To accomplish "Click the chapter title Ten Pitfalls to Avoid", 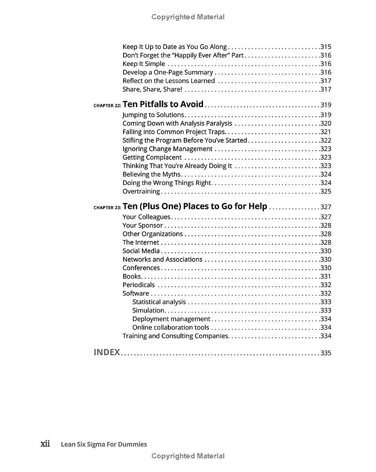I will [163, 104].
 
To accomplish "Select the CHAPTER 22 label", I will [107, 106].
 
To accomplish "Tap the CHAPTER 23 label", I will [107, 208].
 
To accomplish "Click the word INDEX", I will [107, 352].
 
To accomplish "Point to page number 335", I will [326, 353].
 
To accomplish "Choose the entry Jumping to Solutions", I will [153, 115].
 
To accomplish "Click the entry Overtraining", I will [141, 191].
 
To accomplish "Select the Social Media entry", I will [141, 251].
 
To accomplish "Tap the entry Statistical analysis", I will [159, 302].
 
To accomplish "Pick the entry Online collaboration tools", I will [171, 327].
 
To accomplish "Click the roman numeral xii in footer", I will [45, 444].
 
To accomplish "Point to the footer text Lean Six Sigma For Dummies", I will [104, 444].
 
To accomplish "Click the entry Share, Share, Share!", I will [152, 89].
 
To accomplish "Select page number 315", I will [326, 47].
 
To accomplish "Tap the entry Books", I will [132, 276].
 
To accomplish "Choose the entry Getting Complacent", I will [152, 157].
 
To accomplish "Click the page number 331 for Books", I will [326, 276].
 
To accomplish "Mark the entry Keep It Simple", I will [144, 64].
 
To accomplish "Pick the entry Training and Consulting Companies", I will [175, 336].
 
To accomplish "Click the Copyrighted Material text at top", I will [188, 17].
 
